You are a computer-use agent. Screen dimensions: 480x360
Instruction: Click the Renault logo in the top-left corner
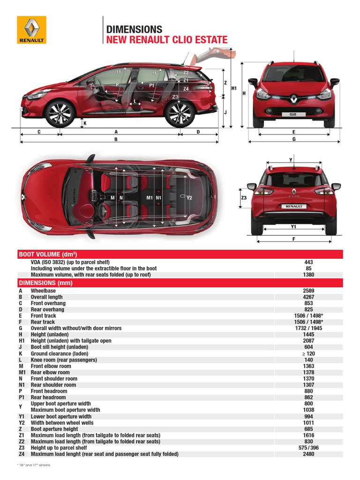(x=31, y=30)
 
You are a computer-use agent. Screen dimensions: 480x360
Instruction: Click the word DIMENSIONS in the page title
(x=134, y=29)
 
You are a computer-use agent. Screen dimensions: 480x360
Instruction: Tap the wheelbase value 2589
(x=308, y=291)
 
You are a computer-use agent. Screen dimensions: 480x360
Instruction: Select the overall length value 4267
(x=308, y=297)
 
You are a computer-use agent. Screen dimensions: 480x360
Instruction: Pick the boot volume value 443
(x=308, y=262)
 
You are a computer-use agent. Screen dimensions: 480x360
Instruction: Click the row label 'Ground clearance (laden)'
(x=60, y=353)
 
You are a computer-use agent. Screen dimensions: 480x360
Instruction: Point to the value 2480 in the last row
(x=308, y=454)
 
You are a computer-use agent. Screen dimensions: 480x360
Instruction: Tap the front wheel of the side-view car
(x=60, y=113)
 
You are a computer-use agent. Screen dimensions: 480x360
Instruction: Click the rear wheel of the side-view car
(x=180, y=113)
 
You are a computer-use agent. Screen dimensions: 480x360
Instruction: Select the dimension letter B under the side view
(x=115, y=139)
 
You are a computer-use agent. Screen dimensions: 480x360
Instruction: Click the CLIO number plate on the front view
(x=292, y=114)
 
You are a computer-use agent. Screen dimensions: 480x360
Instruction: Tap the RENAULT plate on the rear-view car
(x=294, y=206)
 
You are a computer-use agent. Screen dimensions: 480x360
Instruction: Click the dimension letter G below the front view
(x=294, y=139)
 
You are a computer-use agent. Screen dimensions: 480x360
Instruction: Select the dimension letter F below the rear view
(x=294, y=239)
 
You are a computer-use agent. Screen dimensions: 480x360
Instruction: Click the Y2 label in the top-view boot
(x=189, y=198)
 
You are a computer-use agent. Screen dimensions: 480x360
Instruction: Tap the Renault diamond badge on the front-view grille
(x=293, y=98)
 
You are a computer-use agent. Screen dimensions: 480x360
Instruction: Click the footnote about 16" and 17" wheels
(x=33, y=465)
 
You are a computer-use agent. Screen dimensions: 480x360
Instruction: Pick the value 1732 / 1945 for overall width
(x=308, y=328)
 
